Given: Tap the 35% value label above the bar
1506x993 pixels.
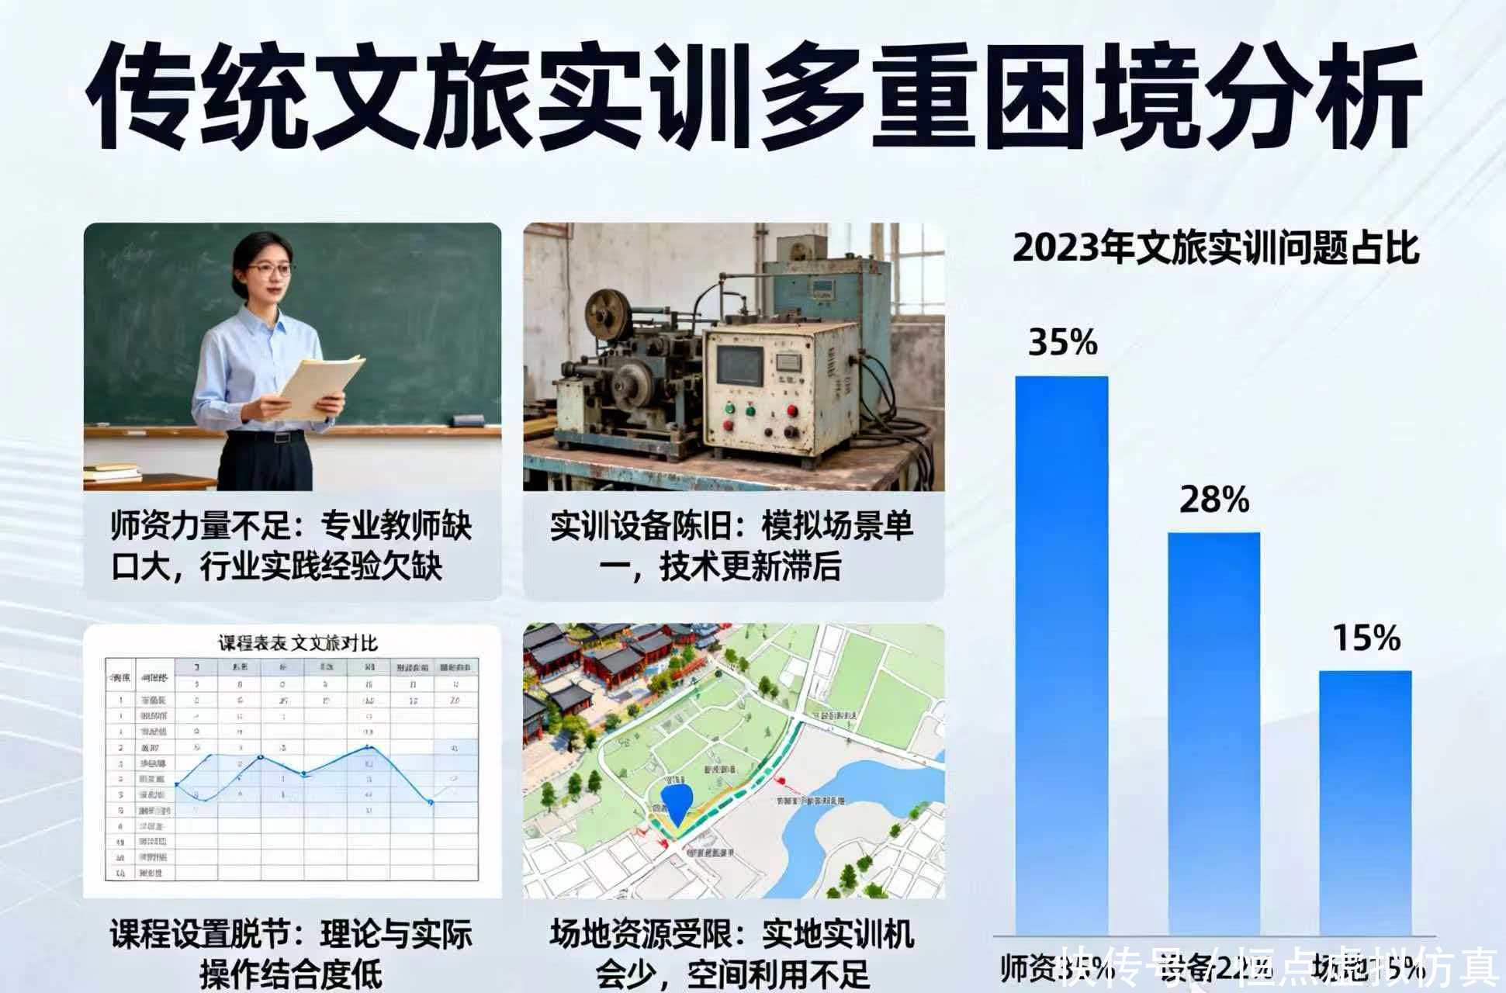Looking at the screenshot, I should pos(1062,342).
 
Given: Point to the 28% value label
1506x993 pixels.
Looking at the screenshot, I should pos(1214,500).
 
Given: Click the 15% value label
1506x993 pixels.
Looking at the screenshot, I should pos(1366,638).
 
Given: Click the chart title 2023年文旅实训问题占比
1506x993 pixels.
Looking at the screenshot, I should pos(1215,248).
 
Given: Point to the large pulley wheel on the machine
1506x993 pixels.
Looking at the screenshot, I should pos(608,310).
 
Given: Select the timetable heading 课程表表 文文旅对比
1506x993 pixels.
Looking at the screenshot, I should pos(298,643).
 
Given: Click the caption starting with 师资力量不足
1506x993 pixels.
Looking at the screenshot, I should pos(291,546).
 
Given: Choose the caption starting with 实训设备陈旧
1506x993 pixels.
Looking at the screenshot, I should pos(732,546).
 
